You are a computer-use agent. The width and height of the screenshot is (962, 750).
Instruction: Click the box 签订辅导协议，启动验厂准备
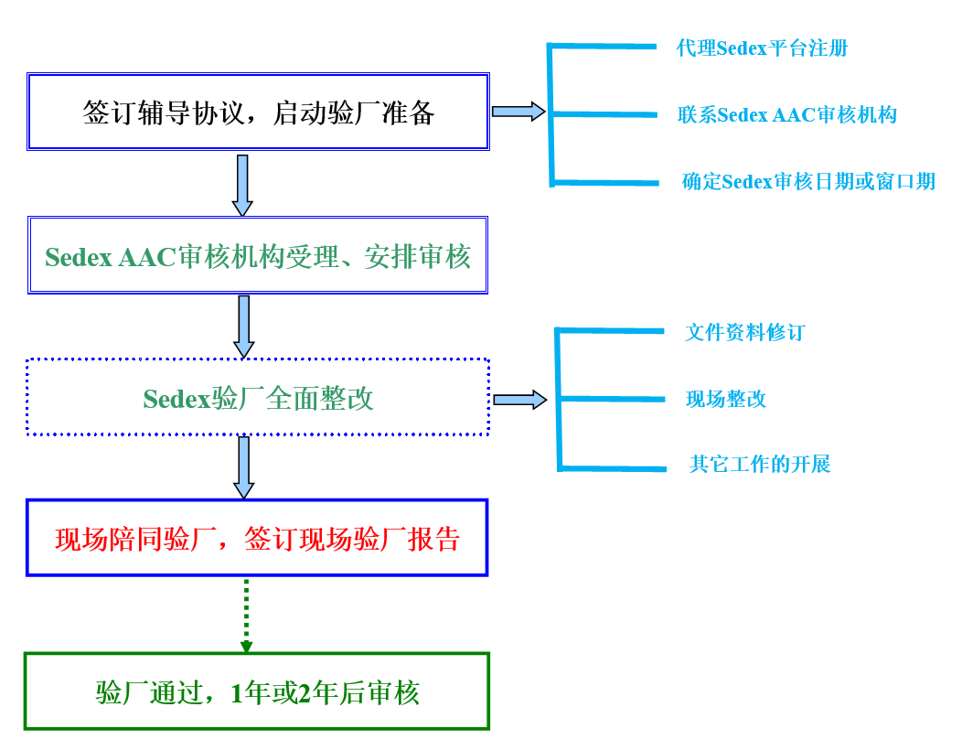pyautogui.click(x=258, y=112)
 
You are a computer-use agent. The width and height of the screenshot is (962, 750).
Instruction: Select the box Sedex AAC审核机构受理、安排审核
pyautogui.click(x=258, y=256)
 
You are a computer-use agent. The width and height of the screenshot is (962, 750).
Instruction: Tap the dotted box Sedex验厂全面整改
pyautogui.click(x=258, y=398)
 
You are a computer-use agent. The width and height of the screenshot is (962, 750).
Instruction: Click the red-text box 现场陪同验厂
pyautogui.click(x=257, y=539)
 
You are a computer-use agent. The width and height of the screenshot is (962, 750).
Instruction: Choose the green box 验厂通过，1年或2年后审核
pyautogui.click(x=257, y=692)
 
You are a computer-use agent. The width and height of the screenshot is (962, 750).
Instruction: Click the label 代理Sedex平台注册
pyautogui.click(x=762, y=48)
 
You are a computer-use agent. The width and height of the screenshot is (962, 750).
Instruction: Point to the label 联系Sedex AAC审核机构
pyautogui.click(x=786, y=114)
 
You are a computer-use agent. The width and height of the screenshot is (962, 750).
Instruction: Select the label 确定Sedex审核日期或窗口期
pyautogui.click(x=808, y=181)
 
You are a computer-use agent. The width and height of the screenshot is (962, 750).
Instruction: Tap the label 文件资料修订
pyautogui.click(x=744, y=332)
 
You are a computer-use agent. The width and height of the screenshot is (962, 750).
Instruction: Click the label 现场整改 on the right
pyautogui.click(x=726, y=399)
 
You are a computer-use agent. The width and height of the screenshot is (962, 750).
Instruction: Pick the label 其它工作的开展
pyautogui.click(x=759, y=465)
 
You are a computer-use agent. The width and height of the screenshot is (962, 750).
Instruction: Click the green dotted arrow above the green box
pyautogui.click(x=246, y=616)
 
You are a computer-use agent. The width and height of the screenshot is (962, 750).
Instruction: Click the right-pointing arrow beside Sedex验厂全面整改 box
pyautogui.click(x=519, y=400)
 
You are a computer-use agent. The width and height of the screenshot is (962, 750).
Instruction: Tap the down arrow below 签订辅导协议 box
pyautogui.click(x=242, y=185)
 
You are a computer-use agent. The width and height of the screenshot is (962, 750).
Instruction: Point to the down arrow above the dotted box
pyautogui.click(x=243, y=327)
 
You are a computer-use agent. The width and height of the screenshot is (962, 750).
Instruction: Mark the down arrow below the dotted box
pyautogui.click(x=243, y=467)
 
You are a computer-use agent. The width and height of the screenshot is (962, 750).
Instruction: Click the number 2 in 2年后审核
pyautogui.click(x=305, y=694)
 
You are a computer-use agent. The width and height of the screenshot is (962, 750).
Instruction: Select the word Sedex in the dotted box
pyautogui.click(x=176, y=400)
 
